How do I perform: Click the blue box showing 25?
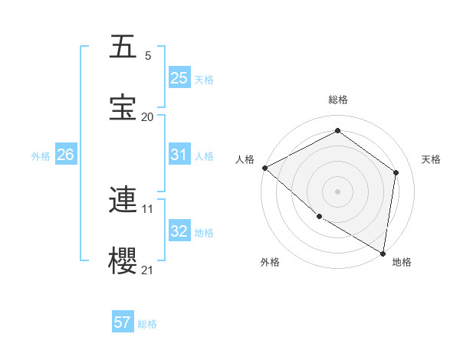click(x=179, y=78)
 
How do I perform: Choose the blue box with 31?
click(x=179, y=155)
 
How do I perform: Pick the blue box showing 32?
click(x=179, y=232)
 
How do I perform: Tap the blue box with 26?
click(x=65, y=155)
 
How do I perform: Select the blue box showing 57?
click(x=123, y=322)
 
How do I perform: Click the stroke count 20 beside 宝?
click(x=148, y=116)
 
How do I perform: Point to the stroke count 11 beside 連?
click(x=148, y=208)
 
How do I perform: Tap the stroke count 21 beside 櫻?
click(x=148, y=270)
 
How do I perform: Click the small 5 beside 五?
click(x=148, y=56)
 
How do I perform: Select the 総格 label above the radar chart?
click(x=338, y=100)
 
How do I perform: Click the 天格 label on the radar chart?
click(x=431, y=159)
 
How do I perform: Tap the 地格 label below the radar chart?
click(x=402, y=263)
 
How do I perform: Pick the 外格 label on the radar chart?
click(x=270, y=263)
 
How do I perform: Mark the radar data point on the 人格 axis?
click(x=264, y=168)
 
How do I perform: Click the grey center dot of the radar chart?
click(x=337, y=191)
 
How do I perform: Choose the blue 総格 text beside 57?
click(x=147, y=324)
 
